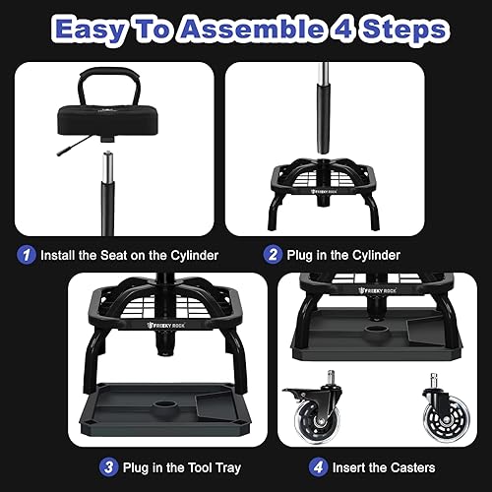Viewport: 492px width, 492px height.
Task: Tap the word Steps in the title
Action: coord(401,29)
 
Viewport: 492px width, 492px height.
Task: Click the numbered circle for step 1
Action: coord(29,255)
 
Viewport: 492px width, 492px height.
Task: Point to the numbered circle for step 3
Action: coord(108,466)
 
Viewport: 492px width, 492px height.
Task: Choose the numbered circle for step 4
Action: coord(318,466)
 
